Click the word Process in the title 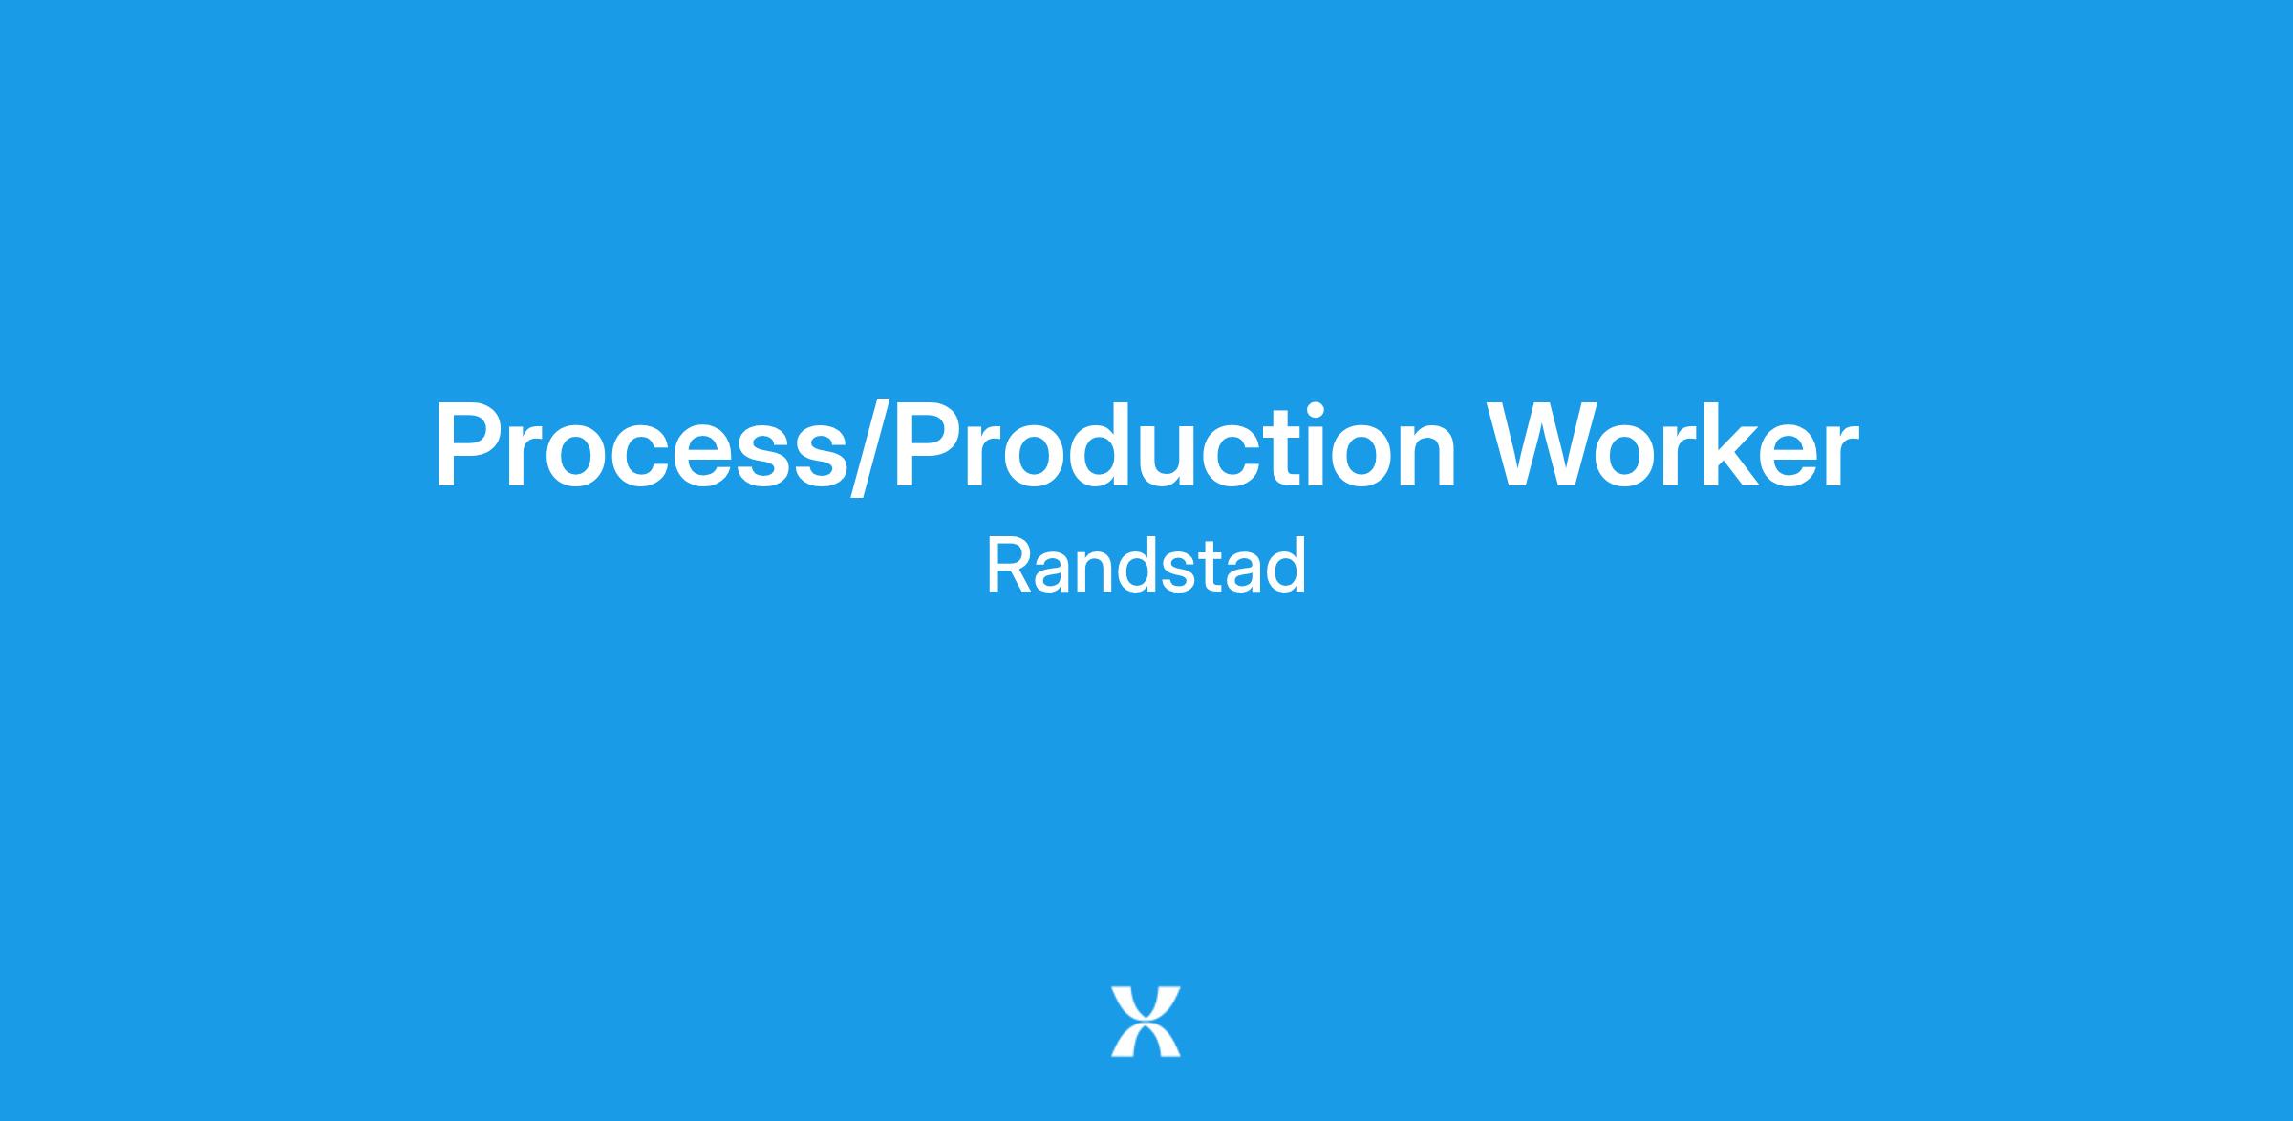click(641, 446)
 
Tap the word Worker click(1676, 446)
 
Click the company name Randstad click(1146, 566)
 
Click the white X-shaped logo click(1146, 1022)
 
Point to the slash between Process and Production click(870, 449)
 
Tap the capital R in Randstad click(1010, 566)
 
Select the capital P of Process click(468, 447)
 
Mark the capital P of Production click(929, 447)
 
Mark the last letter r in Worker click(1841, 458)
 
